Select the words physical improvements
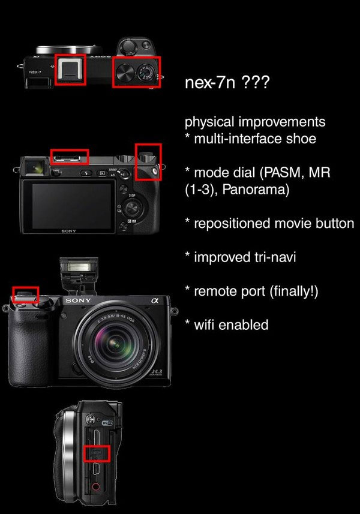click(x=255, y=122)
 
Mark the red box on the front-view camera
click(x=26, y=294)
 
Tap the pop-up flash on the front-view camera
click(x=77, y=267)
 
